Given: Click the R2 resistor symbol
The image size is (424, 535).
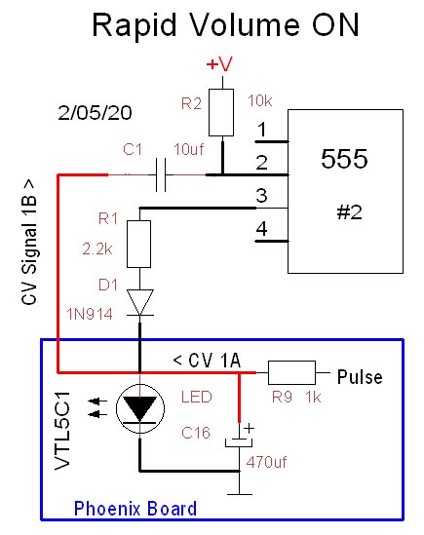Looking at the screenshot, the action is (x=221, y=113).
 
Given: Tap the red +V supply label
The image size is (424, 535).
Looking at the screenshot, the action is (x=219, y=63).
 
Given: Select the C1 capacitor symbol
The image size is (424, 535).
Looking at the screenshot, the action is (x=161, y=174).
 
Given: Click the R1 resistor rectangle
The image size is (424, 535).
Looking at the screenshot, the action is (x=139, y=244).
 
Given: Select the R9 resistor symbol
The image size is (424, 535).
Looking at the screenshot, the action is (x=291, y=372).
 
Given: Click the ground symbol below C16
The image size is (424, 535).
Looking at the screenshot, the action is (x=240, y=493).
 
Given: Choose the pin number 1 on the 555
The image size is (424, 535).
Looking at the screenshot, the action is (x=262, y=130).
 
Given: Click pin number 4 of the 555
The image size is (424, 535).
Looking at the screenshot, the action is (x=262, y=229).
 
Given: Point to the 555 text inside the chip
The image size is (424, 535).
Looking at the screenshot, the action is (x=344, y=159).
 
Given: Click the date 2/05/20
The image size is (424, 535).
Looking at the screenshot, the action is (x=95, y=113).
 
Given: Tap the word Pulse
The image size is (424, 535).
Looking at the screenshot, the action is (x=360, y=377).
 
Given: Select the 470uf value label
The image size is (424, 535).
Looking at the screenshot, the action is (x=266, y=462).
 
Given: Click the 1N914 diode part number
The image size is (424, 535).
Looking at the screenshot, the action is (x=90, y=314).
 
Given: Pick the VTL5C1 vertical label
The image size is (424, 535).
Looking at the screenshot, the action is (x=62, y=431).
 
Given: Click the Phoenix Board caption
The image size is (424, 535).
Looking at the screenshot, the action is (x=135, y=509).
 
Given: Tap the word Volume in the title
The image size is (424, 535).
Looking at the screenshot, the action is (x=244, y=25).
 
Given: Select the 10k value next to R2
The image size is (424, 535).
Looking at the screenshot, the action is (x=260, y=101).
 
